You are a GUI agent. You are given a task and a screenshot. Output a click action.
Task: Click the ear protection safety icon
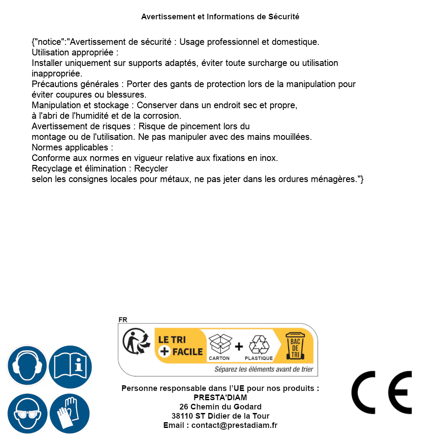27,365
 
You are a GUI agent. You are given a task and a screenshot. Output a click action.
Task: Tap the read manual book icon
70,365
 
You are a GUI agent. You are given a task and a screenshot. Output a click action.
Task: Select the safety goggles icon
27,414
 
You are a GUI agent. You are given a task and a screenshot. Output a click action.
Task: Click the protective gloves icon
70,414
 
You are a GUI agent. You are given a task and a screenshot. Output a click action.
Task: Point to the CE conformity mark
381,392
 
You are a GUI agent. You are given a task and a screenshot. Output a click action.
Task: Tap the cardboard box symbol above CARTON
219,344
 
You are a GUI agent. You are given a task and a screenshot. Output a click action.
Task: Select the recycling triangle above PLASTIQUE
259,345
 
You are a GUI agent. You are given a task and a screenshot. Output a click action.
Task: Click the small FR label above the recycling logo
123,320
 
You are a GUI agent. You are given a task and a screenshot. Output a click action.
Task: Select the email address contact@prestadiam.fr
234,425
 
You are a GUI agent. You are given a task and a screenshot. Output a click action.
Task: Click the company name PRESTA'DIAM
220,398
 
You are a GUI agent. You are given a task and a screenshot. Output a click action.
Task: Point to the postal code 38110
182,416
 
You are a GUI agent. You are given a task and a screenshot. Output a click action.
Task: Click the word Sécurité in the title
284,17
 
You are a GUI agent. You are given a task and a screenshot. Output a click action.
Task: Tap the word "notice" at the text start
48,42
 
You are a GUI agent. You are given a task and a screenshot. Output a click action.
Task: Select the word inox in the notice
268,158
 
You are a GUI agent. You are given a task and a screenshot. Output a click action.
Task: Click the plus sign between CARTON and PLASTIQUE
239,347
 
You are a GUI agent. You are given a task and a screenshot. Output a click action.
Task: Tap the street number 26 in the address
184,407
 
